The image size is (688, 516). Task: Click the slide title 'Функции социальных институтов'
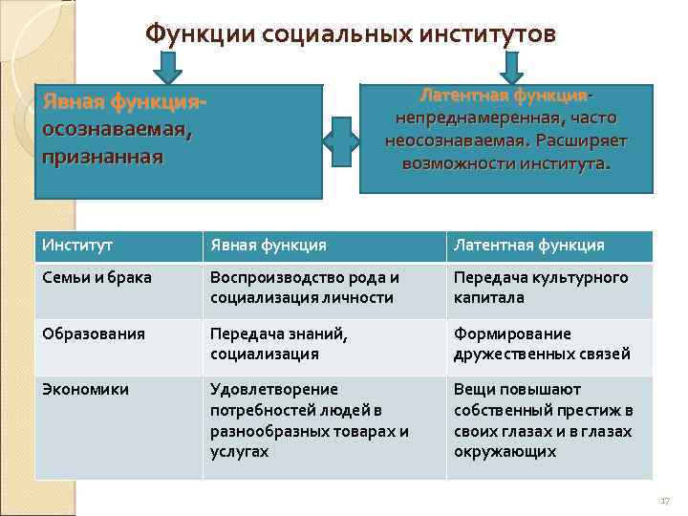[x=350, y=34]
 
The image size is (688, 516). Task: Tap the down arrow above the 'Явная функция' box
[x=169, y=67]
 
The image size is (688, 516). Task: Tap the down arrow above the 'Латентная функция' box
[x=511, y=67]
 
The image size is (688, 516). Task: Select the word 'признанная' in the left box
[x=102, y=155]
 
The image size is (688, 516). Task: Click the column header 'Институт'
[x=77, y=246]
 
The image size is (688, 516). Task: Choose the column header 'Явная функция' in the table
[x=269, y=246]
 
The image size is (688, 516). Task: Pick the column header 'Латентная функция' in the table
[x=529, y=246]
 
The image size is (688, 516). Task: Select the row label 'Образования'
[x=94, y=333]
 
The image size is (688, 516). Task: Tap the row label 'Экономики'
[x=86, y=389]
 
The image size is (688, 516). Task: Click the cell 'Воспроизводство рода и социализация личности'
[x=305, y=288]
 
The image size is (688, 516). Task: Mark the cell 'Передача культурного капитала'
[x=541, y=288]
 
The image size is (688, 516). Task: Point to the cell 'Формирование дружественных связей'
[x=542, y=343]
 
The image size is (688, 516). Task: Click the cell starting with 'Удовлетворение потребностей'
[x=309, y=419]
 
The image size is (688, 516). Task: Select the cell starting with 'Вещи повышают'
[x=543, y=419]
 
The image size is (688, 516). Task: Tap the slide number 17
[x=665, y=501]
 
